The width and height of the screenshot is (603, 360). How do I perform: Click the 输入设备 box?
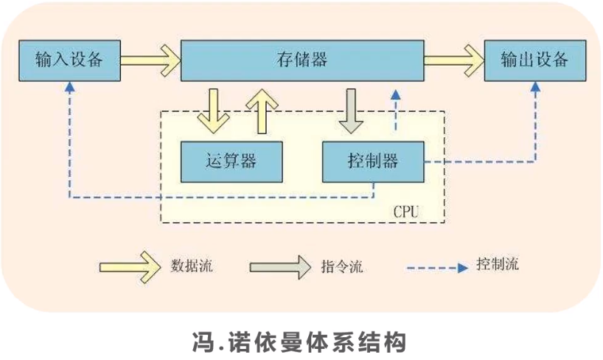[x=68, y=60]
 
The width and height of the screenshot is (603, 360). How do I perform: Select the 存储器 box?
[x=302, y=60]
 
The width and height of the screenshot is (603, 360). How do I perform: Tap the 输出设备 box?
[x=534, y=60]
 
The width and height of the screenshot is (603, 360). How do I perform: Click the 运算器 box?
[x=231, y=160]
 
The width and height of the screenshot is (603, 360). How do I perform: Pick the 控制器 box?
[x=372, y=160]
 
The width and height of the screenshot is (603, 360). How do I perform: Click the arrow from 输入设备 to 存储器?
[x=150, y=58]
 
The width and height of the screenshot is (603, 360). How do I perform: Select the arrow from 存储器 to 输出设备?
[x=453, y=58]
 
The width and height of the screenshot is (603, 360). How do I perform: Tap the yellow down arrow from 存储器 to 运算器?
[x=213, y=108]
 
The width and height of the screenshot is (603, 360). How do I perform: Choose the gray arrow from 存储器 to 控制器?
[x=350, y=108]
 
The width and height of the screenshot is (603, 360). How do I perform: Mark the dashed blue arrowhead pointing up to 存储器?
[x=396, y=94]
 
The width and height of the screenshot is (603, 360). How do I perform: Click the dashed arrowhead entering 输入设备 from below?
[x=69, y=86]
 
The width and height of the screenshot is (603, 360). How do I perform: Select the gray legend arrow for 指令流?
[x=279, y=266]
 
